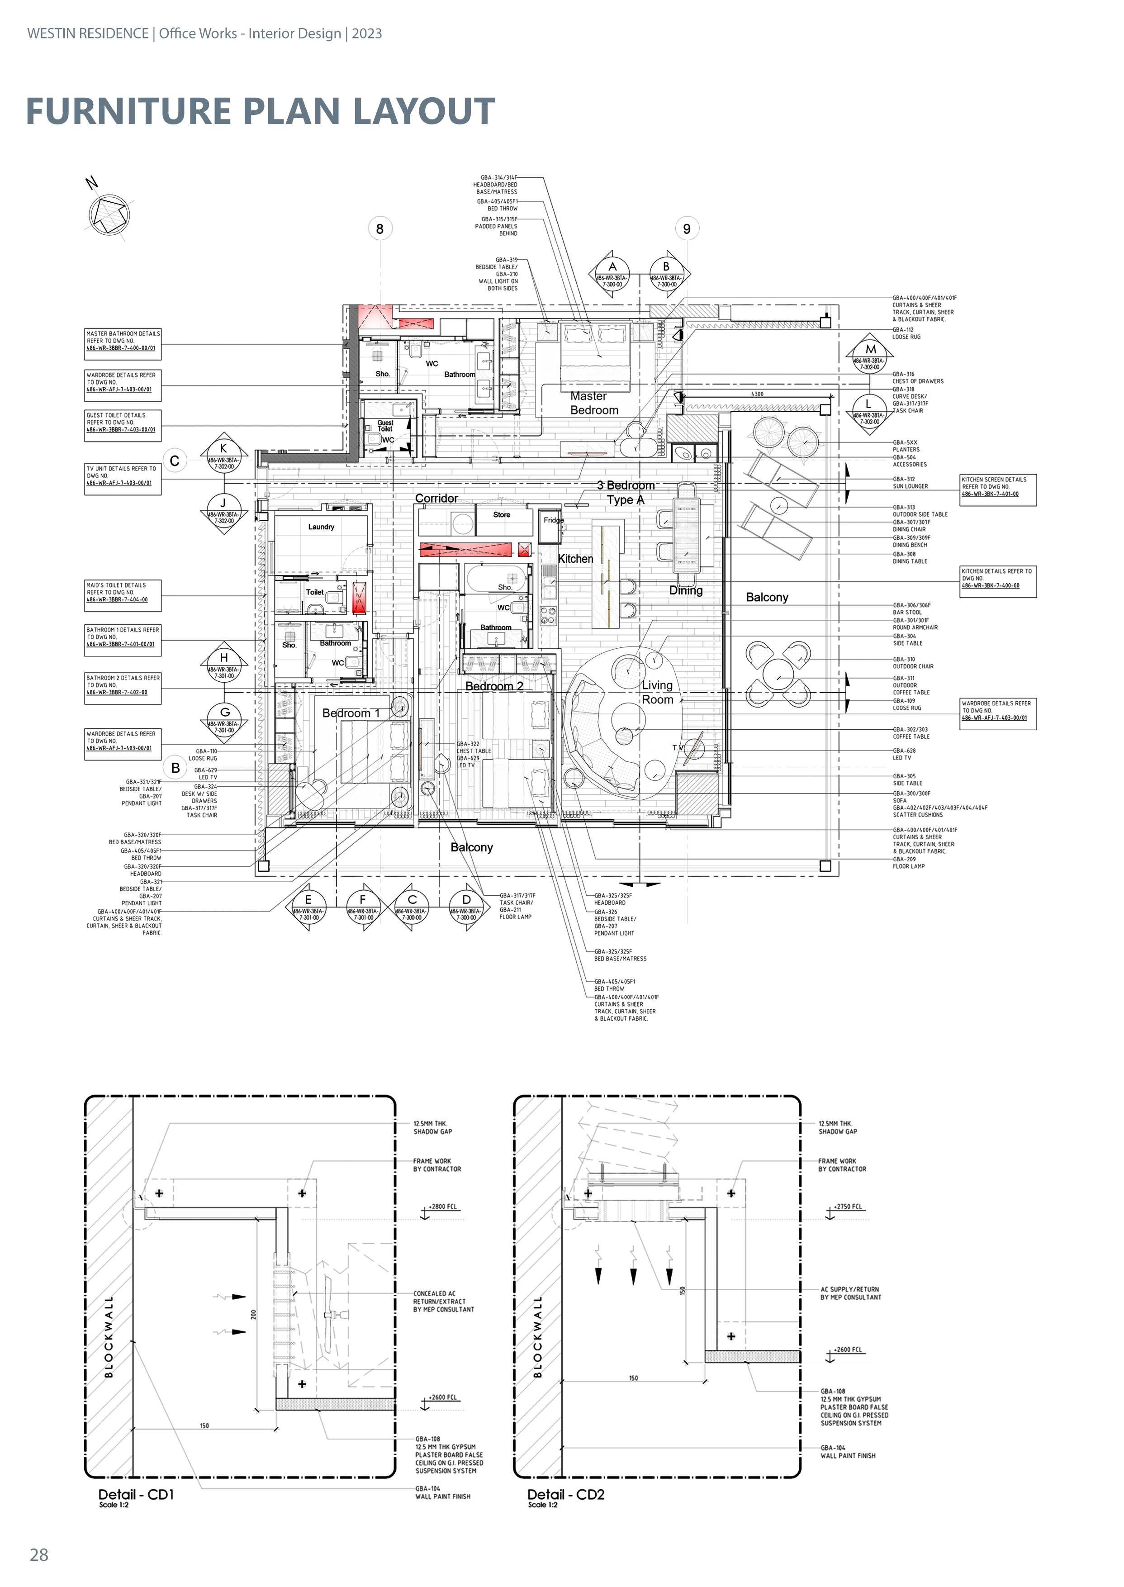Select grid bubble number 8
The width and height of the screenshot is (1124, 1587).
[x=379, y=228]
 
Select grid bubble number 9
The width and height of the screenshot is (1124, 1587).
[x=687, y=228]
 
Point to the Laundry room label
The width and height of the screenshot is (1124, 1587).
[x=321, y=527]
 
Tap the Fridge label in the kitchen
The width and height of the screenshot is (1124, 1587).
[x=553, y=520]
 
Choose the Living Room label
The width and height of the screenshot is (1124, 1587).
[x=657, y=692]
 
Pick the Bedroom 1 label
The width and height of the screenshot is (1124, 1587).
[x=351, y=713]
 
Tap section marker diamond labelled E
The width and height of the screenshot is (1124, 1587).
[x=308, y=907]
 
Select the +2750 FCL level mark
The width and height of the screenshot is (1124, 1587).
[x=847, y=1207]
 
